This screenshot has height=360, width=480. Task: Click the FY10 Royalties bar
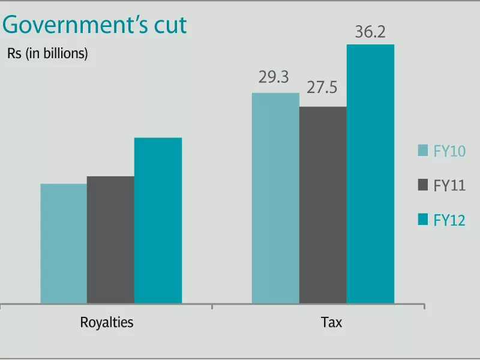64,243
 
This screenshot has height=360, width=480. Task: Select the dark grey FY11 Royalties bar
110,239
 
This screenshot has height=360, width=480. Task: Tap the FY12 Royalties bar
158,220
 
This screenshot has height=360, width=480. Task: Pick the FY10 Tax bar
275,198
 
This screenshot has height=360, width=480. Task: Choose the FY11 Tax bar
323,205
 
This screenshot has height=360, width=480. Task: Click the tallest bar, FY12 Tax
370,173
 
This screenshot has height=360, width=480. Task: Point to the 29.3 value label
274,78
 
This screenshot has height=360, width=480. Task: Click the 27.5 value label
322,88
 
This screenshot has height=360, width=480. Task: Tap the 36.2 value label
370,32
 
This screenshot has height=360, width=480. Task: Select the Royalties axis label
107,322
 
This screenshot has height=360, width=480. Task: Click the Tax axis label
331,322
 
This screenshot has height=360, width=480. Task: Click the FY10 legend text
449,151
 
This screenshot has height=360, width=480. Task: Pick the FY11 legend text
449,186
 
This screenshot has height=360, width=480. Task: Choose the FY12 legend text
449,220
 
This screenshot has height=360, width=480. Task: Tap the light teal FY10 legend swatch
423,150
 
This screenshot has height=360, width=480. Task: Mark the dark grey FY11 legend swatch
423,185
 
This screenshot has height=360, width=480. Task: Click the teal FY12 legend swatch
423,219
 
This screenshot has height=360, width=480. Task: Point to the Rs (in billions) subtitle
48,53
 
